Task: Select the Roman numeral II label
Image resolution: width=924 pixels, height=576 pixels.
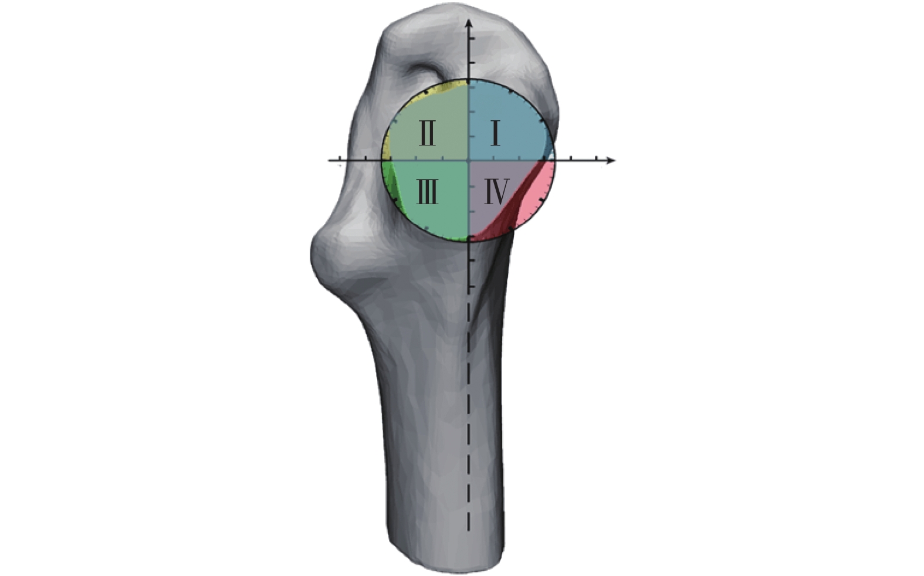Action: [427, 133]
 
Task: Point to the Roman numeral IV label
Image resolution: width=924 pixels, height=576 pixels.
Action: [497, 192]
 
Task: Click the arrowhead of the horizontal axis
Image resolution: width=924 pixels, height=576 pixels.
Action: [611, 160]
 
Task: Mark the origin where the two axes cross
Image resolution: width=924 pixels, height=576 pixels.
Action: [468, 160]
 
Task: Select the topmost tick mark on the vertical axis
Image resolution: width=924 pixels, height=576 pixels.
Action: [471, 38]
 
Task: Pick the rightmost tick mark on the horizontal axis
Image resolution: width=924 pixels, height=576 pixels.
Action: [597, 158]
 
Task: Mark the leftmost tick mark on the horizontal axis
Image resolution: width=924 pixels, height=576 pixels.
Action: [340, 158]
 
